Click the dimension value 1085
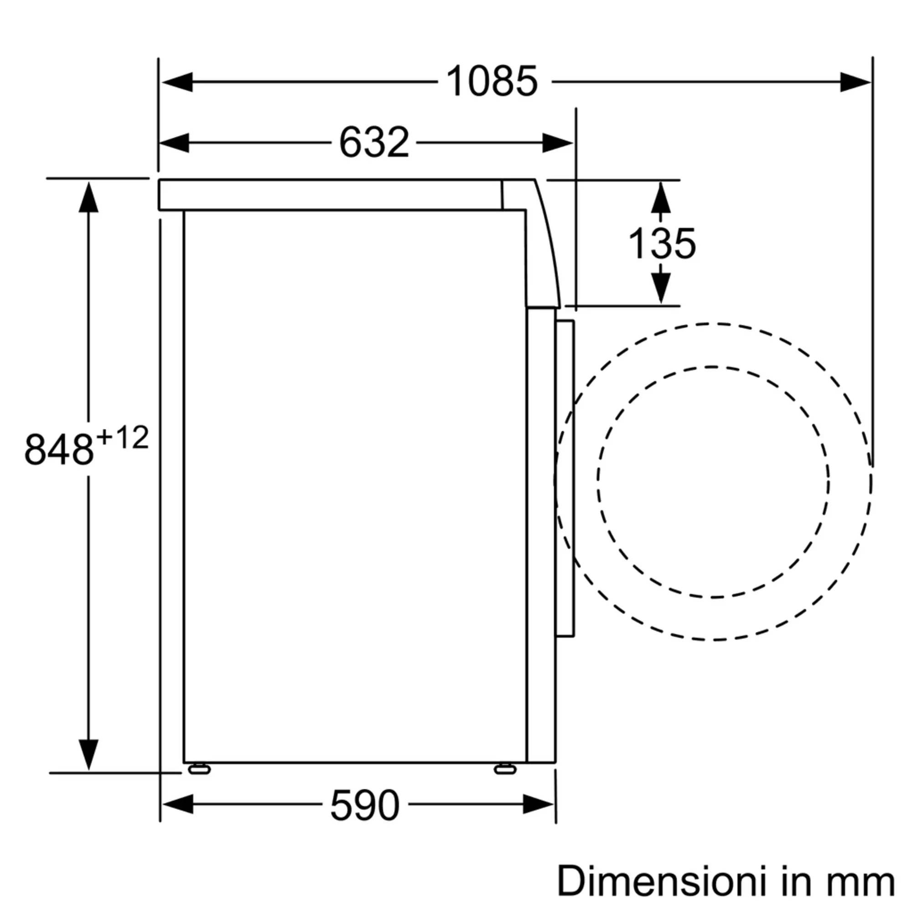click(492, 81)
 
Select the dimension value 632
click(374, 142)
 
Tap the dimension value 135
click(662, 244)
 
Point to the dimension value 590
click(364, 805)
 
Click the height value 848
click(59, 450)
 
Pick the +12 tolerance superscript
click(123, 438)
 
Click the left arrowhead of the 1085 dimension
click(177, 82)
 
